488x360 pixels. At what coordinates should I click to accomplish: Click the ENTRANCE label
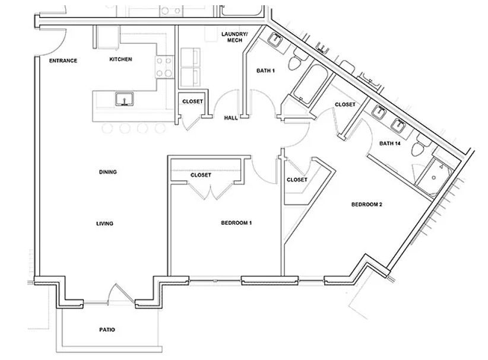[x=63, y=60]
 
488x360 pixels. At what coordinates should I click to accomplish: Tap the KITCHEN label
[x=120, y=59]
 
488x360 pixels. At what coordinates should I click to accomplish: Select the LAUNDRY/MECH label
[x=233, y=37]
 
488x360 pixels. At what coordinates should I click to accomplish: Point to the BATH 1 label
[x=265, y=71]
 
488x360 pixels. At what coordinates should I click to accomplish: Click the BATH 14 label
[x=391, y=144]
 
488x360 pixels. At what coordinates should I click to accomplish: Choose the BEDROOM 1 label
[x=237, y=223]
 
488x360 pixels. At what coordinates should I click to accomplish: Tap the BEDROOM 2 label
[x=366, y=205]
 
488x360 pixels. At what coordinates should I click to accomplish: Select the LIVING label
[x=104, y=224]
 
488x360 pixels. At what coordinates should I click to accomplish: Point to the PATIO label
[x=107, y=330]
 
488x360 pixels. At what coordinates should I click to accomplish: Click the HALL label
[x=231, y=118]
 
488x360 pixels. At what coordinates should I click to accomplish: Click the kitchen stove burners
[x=164, y=67]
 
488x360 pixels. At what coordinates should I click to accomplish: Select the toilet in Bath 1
[x=297, y=61]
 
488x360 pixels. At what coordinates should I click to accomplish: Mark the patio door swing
[x=119, y=294]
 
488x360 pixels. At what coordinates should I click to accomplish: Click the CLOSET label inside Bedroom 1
[x=201, y=176]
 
